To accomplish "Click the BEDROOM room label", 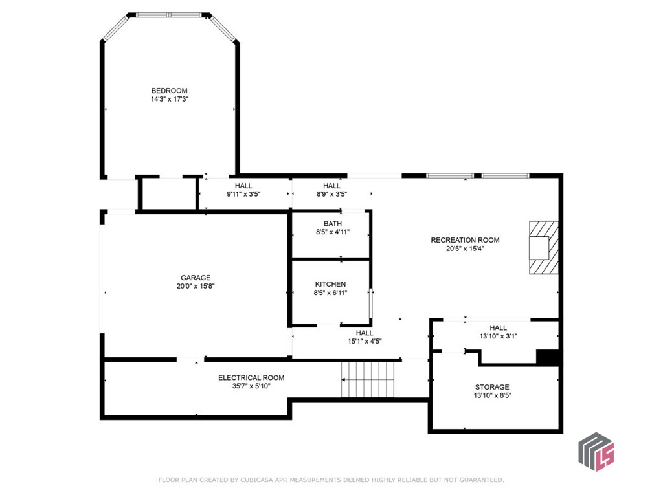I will (x=169, y=91).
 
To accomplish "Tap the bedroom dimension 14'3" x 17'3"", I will (x=169, y=100).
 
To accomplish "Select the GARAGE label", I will (x=195, y=278).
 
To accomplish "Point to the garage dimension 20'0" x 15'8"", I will (x=195, y=286).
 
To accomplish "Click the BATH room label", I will (x=333, y=224).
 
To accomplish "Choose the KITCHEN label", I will (x=330, y=284).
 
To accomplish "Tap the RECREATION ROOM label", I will (x=465, y=240).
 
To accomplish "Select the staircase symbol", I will (x=368, y=380).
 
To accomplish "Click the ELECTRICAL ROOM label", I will (x=251, y=377).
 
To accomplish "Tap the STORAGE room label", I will (x=492, y=387).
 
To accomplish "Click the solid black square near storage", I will (x=548, y=358).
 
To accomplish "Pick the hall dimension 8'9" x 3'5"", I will (x=331, y=194).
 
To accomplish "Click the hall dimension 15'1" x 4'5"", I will (x=365, y=341).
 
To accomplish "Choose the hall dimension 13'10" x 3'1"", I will (x=498, y=336).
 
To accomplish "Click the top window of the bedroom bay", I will (x=168, y=14).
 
